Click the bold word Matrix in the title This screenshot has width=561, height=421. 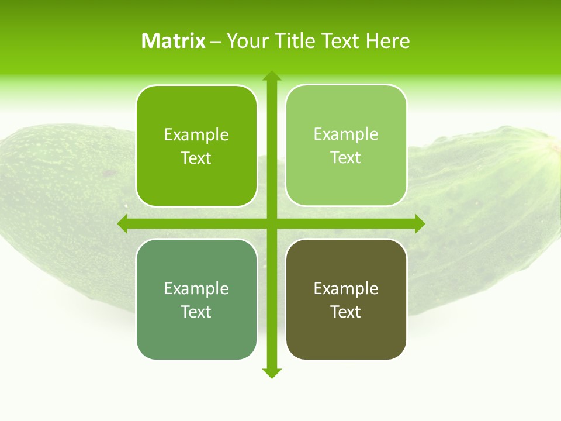tap(173, 41)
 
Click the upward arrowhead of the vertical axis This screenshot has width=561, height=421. tap(272, 76)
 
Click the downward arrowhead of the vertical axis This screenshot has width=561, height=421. tap(272, 372)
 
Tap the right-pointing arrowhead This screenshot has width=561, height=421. tap(419, 223)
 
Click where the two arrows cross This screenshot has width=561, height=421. tap(272, 223)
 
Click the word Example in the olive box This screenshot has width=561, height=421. tap(346, 288)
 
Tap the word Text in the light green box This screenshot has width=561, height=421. tap(346, 157)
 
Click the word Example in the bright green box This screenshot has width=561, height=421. tap(196, 134)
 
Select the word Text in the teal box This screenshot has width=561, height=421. tap(196, 312)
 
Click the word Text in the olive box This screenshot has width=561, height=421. tap(346, 312)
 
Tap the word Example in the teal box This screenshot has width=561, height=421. tap(196, 288)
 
